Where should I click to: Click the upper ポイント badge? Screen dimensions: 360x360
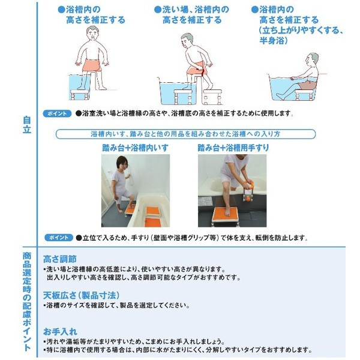[x=57, y=113]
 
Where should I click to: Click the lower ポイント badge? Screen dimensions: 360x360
[x=59, y=238]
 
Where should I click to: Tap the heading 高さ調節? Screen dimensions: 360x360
[x=59, y=259]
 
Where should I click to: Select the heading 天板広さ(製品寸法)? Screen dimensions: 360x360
[x=81, y=295]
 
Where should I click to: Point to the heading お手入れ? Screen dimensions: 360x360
[x=60, y=332]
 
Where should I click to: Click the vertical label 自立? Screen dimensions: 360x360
[x=27, y=125]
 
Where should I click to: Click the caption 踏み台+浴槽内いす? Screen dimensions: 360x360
[x=135, y=148]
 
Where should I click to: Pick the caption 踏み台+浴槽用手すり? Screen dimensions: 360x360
[x=233, y=148]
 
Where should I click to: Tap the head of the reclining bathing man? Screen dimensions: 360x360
[x=311, y=60]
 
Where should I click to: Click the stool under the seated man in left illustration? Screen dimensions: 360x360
[x=79, y=94]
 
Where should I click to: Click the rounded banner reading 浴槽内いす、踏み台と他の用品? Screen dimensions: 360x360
[x=185, y=134]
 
